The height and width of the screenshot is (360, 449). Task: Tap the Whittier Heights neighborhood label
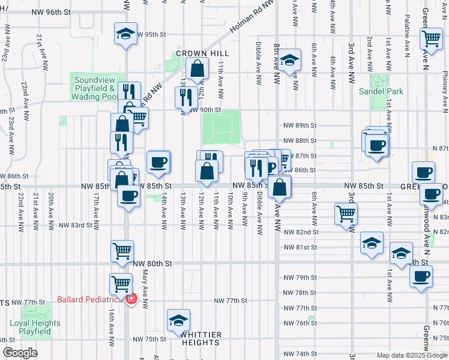pos(202,338)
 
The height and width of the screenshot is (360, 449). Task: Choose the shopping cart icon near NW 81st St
pos(122,250)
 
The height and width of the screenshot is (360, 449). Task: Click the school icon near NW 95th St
pos(125,34)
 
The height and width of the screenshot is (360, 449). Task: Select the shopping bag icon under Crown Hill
pos(197,70)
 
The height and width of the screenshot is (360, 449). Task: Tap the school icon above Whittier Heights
pos(178,320)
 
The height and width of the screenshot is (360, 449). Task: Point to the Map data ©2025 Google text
pos(411,355)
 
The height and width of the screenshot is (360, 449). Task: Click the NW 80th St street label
pos(152,263)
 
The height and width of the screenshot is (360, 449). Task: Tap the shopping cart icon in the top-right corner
pos(431,39)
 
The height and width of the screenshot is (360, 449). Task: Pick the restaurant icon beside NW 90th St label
pos(186,97)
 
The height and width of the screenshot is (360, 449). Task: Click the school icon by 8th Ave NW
pos(290,60)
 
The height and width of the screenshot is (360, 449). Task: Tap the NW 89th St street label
pos(300,125)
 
